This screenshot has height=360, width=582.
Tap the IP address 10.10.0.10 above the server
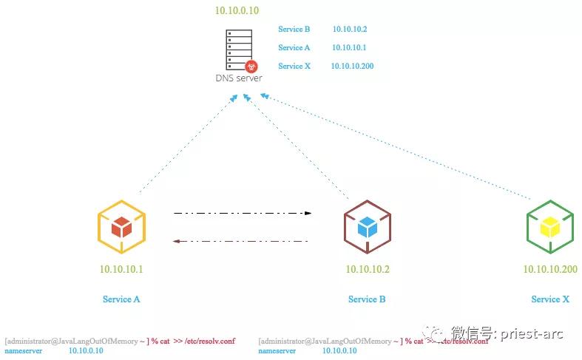(237, 10)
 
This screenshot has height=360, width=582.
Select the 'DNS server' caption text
(238, 78)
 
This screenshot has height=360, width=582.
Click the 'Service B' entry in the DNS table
(294, 29)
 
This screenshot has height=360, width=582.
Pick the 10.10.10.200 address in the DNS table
(353, 66)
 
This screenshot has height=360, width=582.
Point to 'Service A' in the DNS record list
(294, 47)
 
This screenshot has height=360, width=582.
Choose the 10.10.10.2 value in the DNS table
(350, 29)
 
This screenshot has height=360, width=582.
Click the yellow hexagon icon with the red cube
(121, 227)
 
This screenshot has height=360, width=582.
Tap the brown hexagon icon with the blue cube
(368, 227)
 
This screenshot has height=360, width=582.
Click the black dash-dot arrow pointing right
(243, 213)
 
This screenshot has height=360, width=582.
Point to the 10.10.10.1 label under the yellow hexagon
(121, 269)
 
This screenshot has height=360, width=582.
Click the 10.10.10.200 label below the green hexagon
(550, 269)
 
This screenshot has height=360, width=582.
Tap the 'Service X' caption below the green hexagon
(550, 299)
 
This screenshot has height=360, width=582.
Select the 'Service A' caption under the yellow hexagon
(121, 299)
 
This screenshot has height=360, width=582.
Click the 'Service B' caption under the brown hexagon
(367, 299)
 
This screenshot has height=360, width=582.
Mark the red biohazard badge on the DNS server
(251, 66)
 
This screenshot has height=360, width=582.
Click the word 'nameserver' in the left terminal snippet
(23, 350)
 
